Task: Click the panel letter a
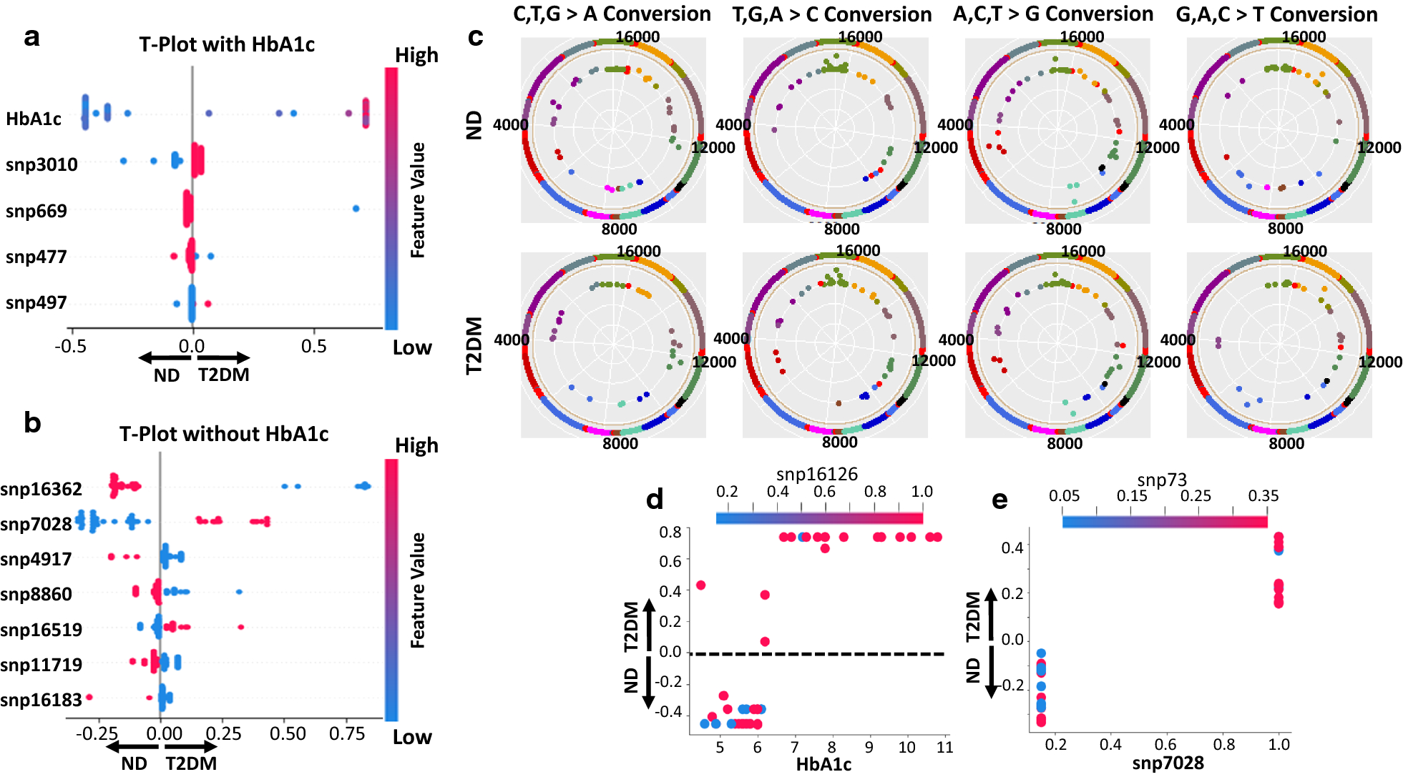click(x=31, y=37)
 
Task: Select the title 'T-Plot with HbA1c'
click(x=227, y=44)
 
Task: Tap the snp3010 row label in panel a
click(x=41, y=164)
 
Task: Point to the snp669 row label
click(x=36, y=211)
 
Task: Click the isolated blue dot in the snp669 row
click(x=356, y=209)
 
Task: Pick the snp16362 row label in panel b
click(x=41, y=489)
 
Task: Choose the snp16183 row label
click(x=41, y=700)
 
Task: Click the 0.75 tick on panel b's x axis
click(x=347, y=734)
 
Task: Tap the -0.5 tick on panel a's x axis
click(x=71, y=347)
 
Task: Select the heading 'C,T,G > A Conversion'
click(x=612, y=14)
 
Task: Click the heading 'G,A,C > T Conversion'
click(x=1276, y=14)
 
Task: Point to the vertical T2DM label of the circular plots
click(x=474, y=345)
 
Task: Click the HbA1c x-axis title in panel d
click(x=823, y=764)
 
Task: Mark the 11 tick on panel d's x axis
click(x=944, y=747)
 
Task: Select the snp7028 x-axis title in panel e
click(x=1168, y=763)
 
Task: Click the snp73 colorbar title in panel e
click(x=1162, y=480)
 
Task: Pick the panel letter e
click(x=999, y=500)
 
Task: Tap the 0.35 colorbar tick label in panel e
click(x=1263, y=495)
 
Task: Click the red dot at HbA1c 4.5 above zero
click(x=701, y=585)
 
